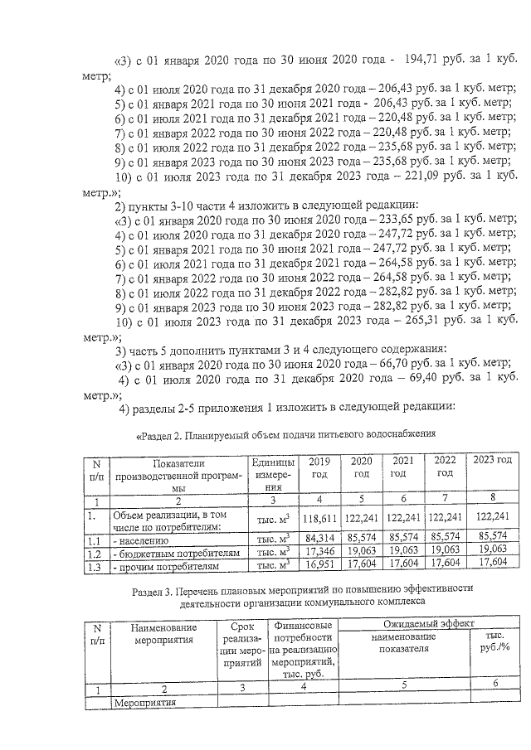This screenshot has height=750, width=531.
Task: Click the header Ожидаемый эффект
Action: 425,623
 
